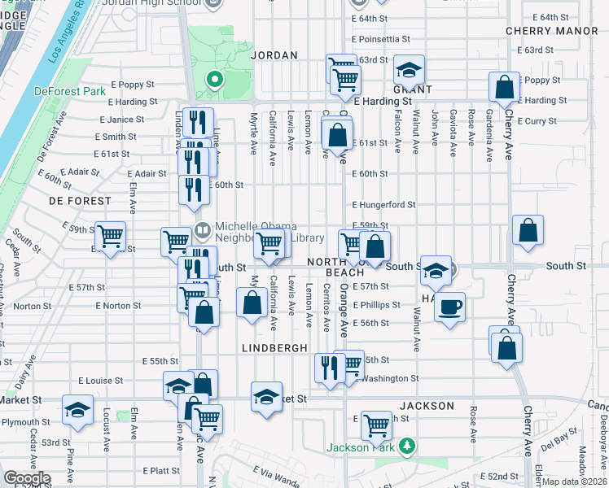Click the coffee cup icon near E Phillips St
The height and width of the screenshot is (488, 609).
[449, 307]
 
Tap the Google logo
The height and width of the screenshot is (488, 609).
[26, 478]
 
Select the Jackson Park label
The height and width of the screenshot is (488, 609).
[362, 447]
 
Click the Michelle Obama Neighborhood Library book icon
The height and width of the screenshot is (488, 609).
[202, 231]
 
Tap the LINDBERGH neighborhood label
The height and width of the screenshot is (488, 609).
[274, 347]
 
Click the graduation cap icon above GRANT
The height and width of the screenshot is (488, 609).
[410, 69]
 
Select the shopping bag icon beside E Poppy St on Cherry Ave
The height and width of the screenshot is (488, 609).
[505, 86]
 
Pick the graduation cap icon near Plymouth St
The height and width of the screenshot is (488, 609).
[77, 411]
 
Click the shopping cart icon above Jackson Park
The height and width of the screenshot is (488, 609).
[376, 424]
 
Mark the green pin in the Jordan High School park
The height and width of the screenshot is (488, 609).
[215, 80]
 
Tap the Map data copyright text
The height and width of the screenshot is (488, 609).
[575, 481]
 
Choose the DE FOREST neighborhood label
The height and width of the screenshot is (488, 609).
[79, 200]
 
